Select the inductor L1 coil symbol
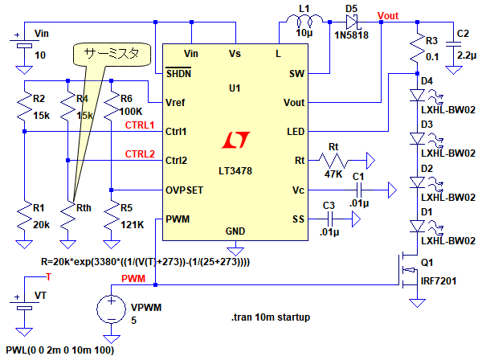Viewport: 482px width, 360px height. coord(304,21)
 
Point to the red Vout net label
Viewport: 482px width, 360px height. coord(387,15)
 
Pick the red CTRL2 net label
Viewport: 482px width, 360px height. coord(139,153)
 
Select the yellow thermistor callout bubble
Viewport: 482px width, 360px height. coord(107,55)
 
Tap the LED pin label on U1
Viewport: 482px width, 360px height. coord(294,131)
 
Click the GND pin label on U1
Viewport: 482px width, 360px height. coord(235,231)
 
